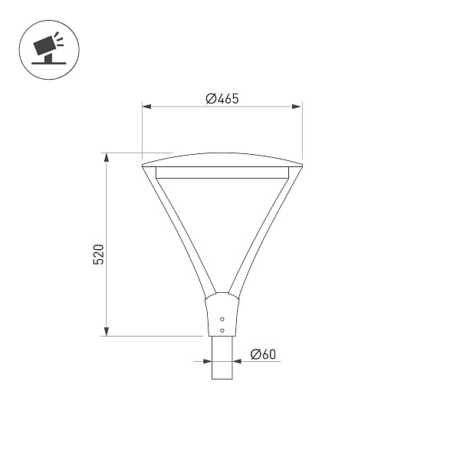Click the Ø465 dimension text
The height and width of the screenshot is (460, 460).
(222, 98)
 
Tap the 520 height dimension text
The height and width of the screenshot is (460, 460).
(98, 255)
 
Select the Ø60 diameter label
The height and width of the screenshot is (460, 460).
(263, 354)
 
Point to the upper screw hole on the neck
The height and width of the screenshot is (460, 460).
(222, 318)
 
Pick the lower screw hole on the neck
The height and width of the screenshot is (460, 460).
(222, 330)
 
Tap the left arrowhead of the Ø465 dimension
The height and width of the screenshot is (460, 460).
(146, 107)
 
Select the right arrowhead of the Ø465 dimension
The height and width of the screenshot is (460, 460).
(297, 107)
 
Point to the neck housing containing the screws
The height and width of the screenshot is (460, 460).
(222, 314)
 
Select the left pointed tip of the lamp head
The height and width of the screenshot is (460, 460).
(143, 164)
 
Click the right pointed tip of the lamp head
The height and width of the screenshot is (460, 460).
(301, 164)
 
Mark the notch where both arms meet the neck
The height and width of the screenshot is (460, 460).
(222, 294)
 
